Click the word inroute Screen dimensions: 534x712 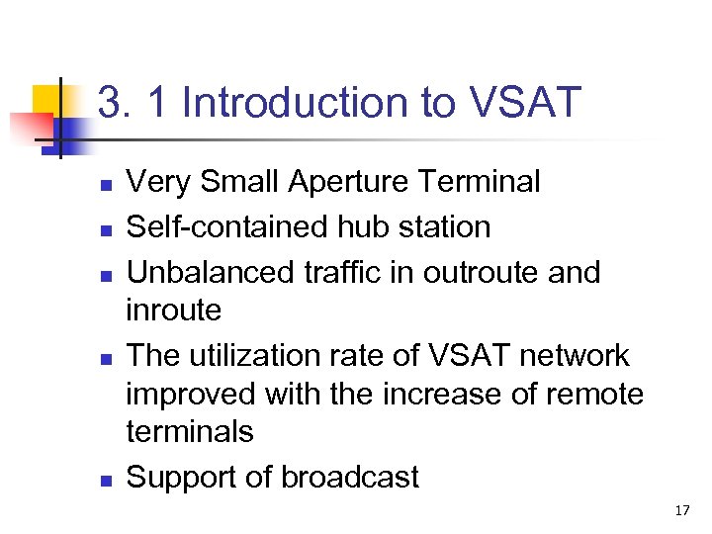click(174, 311)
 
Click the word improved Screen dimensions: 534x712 click(191, 394)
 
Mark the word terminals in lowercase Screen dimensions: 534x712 click(190, 431)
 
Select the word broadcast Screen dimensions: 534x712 click(350, 478)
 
